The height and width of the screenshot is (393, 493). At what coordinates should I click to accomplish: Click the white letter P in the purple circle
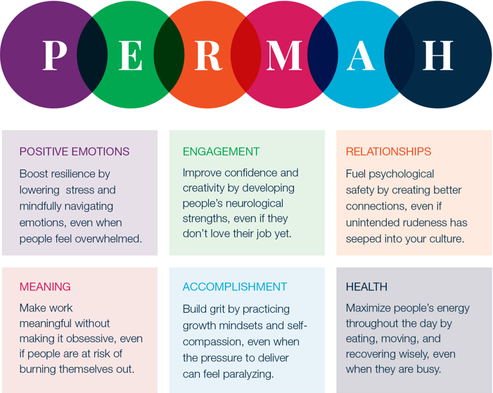(x=55, y=56)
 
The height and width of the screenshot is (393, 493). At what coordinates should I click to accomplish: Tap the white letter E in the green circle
(x=131, y=56)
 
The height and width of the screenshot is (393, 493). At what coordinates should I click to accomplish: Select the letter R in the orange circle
(x=208, y=56)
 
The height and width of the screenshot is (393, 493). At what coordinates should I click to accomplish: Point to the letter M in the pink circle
(x=284, y=56)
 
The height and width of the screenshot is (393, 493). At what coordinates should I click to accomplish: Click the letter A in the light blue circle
(x=361, y=56)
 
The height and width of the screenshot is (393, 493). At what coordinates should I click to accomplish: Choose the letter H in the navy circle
(x=437, y=56)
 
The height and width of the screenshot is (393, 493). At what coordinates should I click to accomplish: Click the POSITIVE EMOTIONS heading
(x=75, y=152)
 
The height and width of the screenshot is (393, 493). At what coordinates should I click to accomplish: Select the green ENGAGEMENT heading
(x=221, y=152)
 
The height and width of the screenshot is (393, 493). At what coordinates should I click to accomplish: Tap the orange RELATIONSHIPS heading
(x=388, y=152)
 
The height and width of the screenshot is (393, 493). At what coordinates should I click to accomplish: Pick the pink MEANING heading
(x=45, y=287)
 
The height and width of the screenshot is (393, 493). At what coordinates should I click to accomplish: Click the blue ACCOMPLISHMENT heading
(x=235, y=287)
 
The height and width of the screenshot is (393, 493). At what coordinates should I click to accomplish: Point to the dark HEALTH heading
(x=366, y=287)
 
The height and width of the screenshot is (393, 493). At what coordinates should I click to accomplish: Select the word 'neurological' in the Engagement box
(x=255, y=204)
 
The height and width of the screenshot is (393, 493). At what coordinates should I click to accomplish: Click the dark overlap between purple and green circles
(x=92, y=55)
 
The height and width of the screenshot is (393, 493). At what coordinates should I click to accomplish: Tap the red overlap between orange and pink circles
(x=246, y=55)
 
